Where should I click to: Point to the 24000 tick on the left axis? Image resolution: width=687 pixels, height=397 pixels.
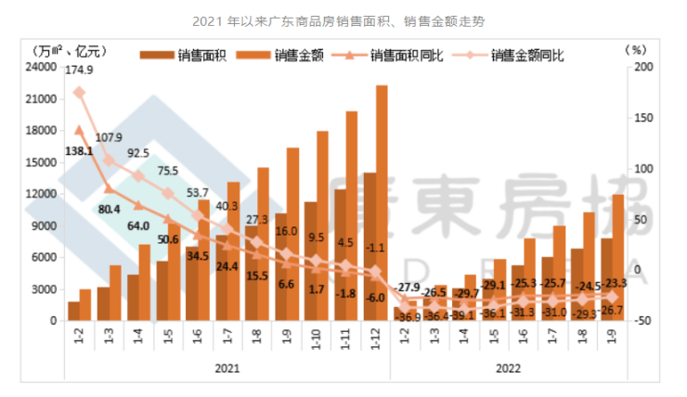click(x=40, y=67)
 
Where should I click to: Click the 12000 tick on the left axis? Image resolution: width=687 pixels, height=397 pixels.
click(x=40, y=194)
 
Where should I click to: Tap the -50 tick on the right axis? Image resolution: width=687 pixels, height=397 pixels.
click(x=642, y=321)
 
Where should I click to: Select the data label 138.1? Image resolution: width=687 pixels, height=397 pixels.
click(x=78, y=149)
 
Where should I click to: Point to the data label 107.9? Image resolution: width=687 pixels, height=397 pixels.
click(x=109, y=137)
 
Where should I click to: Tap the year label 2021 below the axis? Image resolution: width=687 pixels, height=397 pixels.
click(x=227, y=368)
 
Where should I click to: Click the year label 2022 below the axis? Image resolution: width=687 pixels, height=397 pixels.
click(x=507, y=368)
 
